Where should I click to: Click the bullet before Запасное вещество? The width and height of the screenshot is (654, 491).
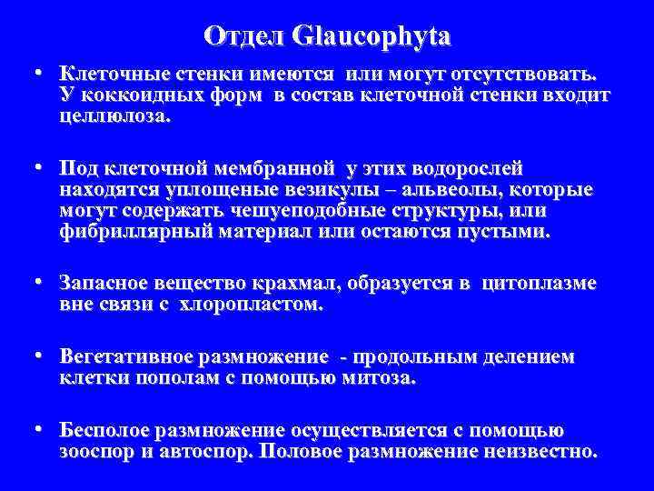(42, 283)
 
